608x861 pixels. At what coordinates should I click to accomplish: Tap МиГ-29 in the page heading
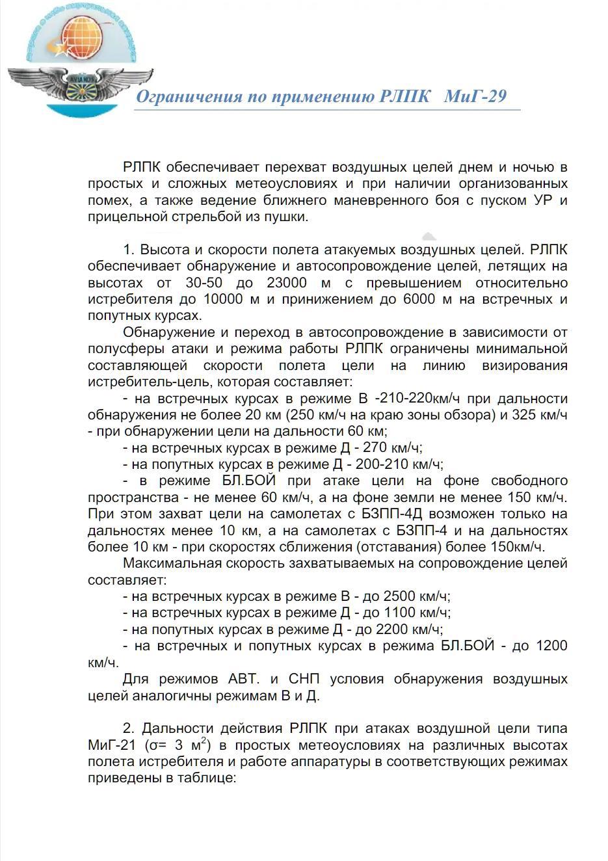point(475,97)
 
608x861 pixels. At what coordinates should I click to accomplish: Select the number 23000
point(287,283)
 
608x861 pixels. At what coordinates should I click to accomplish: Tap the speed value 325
point(523,415)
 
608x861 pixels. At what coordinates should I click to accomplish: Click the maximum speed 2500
point(402,596)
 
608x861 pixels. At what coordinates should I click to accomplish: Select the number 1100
point(403,613)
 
